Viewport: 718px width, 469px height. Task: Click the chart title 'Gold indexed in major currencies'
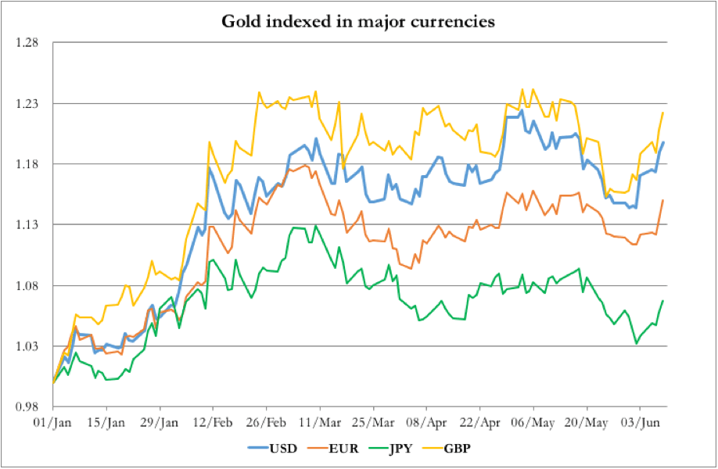pos(359,21)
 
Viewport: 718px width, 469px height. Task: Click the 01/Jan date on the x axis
pos(52,423)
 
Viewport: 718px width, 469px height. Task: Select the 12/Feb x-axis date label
pos(213,423)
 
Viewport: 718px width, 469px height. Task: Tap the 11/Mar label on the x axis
pos(320,423)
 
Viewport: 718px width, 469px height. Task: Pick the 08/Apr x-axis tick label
pos(426,423)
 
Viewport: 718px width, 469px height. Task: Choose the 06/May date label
pos(533,423)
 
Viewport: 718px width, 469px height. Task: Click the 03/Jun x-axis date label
pos(640,423)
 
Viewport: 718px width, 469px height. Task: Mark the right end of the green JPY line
pos(663,301)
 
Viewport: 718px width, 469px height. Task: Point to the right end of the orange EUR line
pos(663,200)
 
